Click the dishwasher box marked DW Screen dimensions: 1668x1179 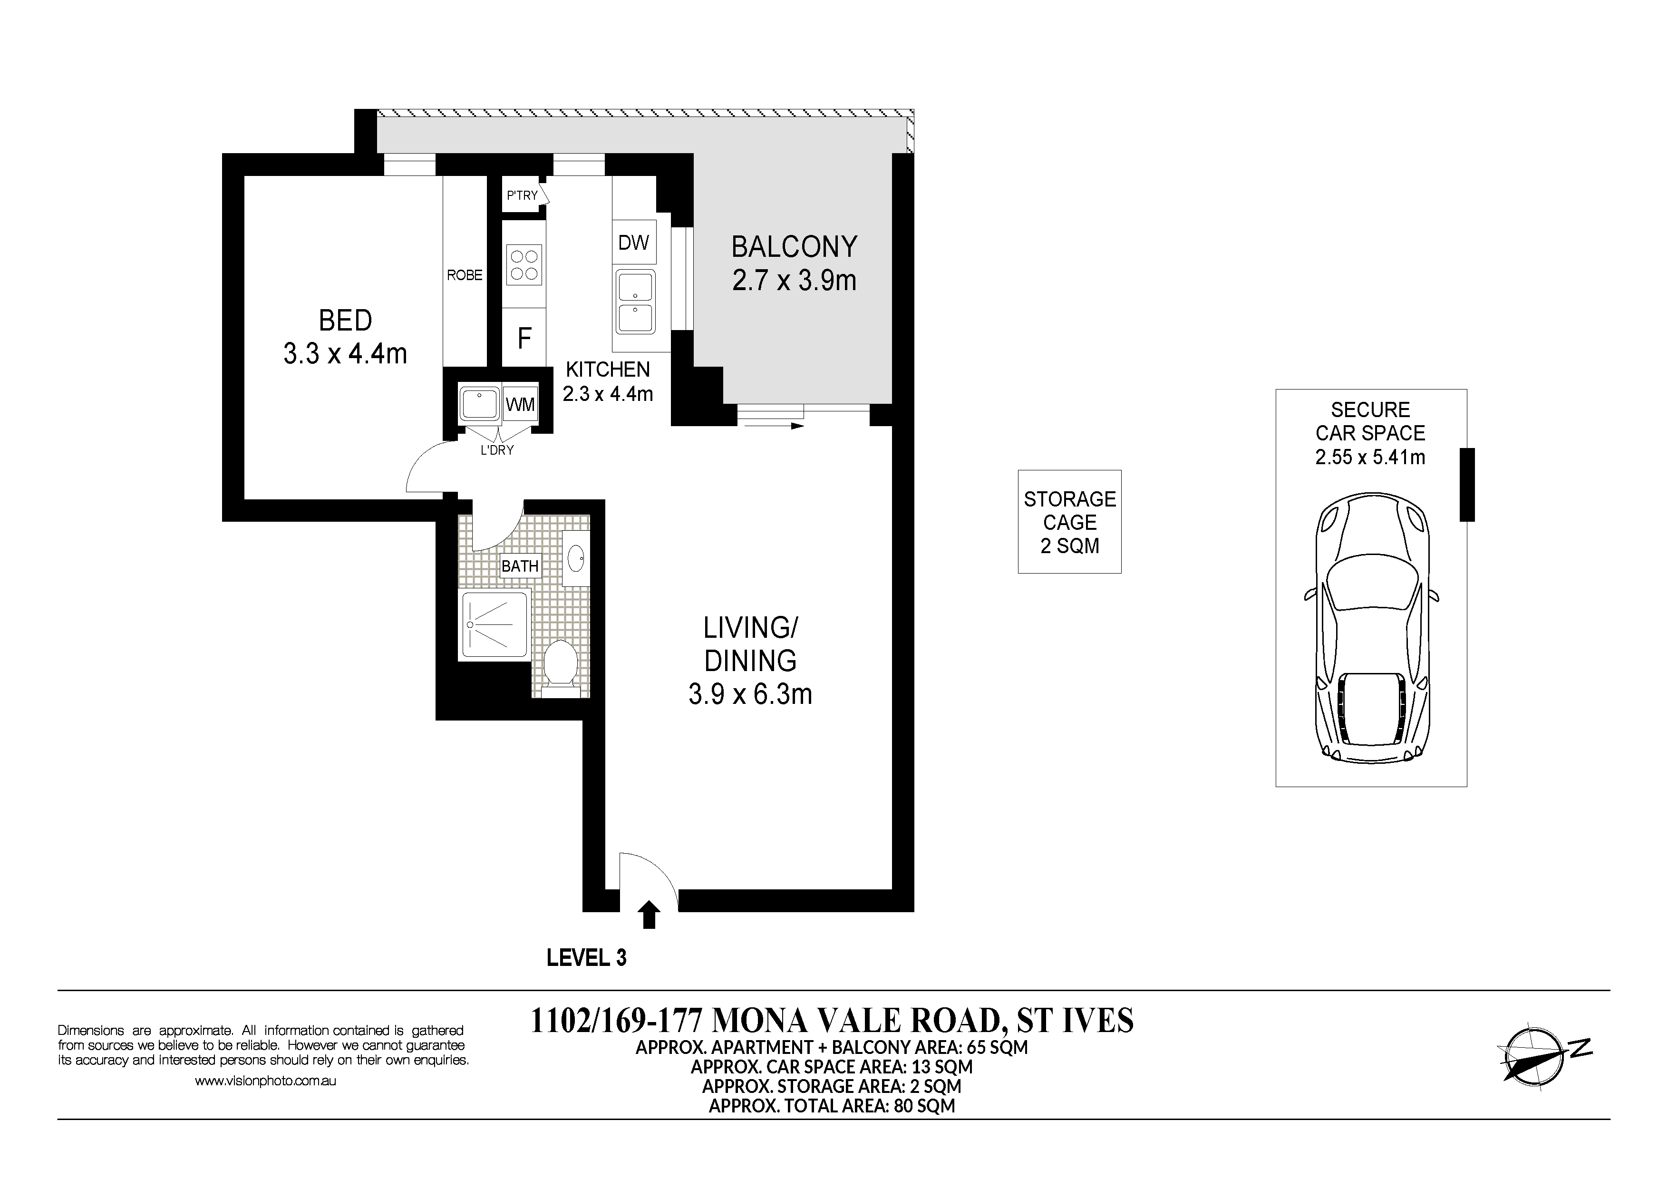pyautogui.click(x=633, y=242)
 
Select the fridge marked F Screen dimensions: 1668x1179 pyautogui.click(x=524, y=337)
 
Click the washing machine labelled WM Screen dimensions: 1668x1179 pyautogui.click(x=520, y=404)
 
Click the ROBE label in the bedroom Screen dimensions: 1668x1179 pyautogui.click(x=464, y=274)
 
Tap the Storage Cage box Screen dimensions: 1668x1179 pyautogui.click(x=1069, y=522)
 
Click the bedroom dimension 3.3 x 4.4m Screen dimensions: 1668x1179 pyautogui.click(x=345, y=354)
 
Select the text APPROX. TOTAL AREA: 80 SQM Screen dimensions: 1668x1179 pyautogui.click(x=832, y=1106)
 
